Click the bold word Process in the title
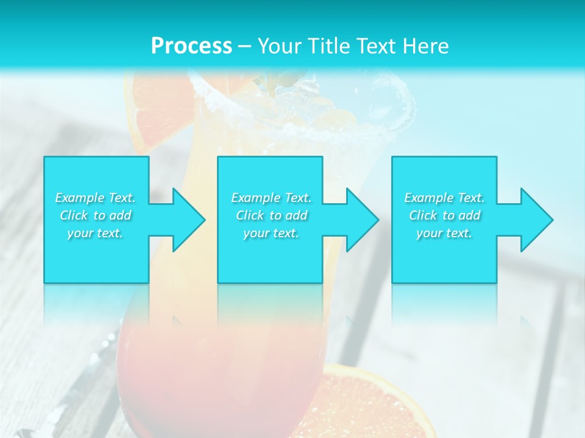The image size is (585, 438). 191,46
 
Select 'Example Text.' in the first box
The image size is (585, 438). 95,198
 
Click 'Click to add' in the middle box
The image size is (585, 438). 271,215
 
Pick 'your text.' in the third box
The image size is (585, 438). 444,233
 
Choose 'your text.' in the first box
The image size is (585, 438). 95,233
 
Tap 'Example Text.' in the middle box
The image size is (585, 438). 271,198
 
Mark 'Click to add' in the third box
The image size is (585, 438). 444,215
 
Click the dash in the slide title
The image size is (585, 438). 244,46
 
